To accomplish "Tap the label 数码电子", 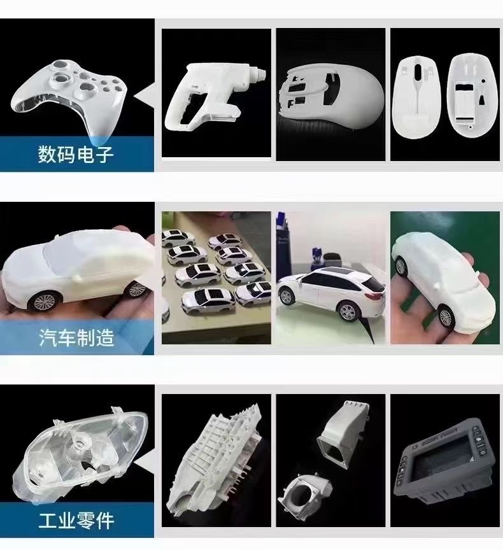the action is (x=76, y=154).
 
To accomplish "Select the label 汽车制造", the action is (x=76, y=338).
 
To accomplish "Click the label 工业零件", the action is (x=76, y=521).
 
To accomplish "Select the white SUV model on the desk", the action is (x=331, y=293).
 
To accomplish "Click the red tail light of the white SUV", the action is (x=374, y=297).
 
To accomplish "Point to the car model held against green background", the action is (x=444, y=277).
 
